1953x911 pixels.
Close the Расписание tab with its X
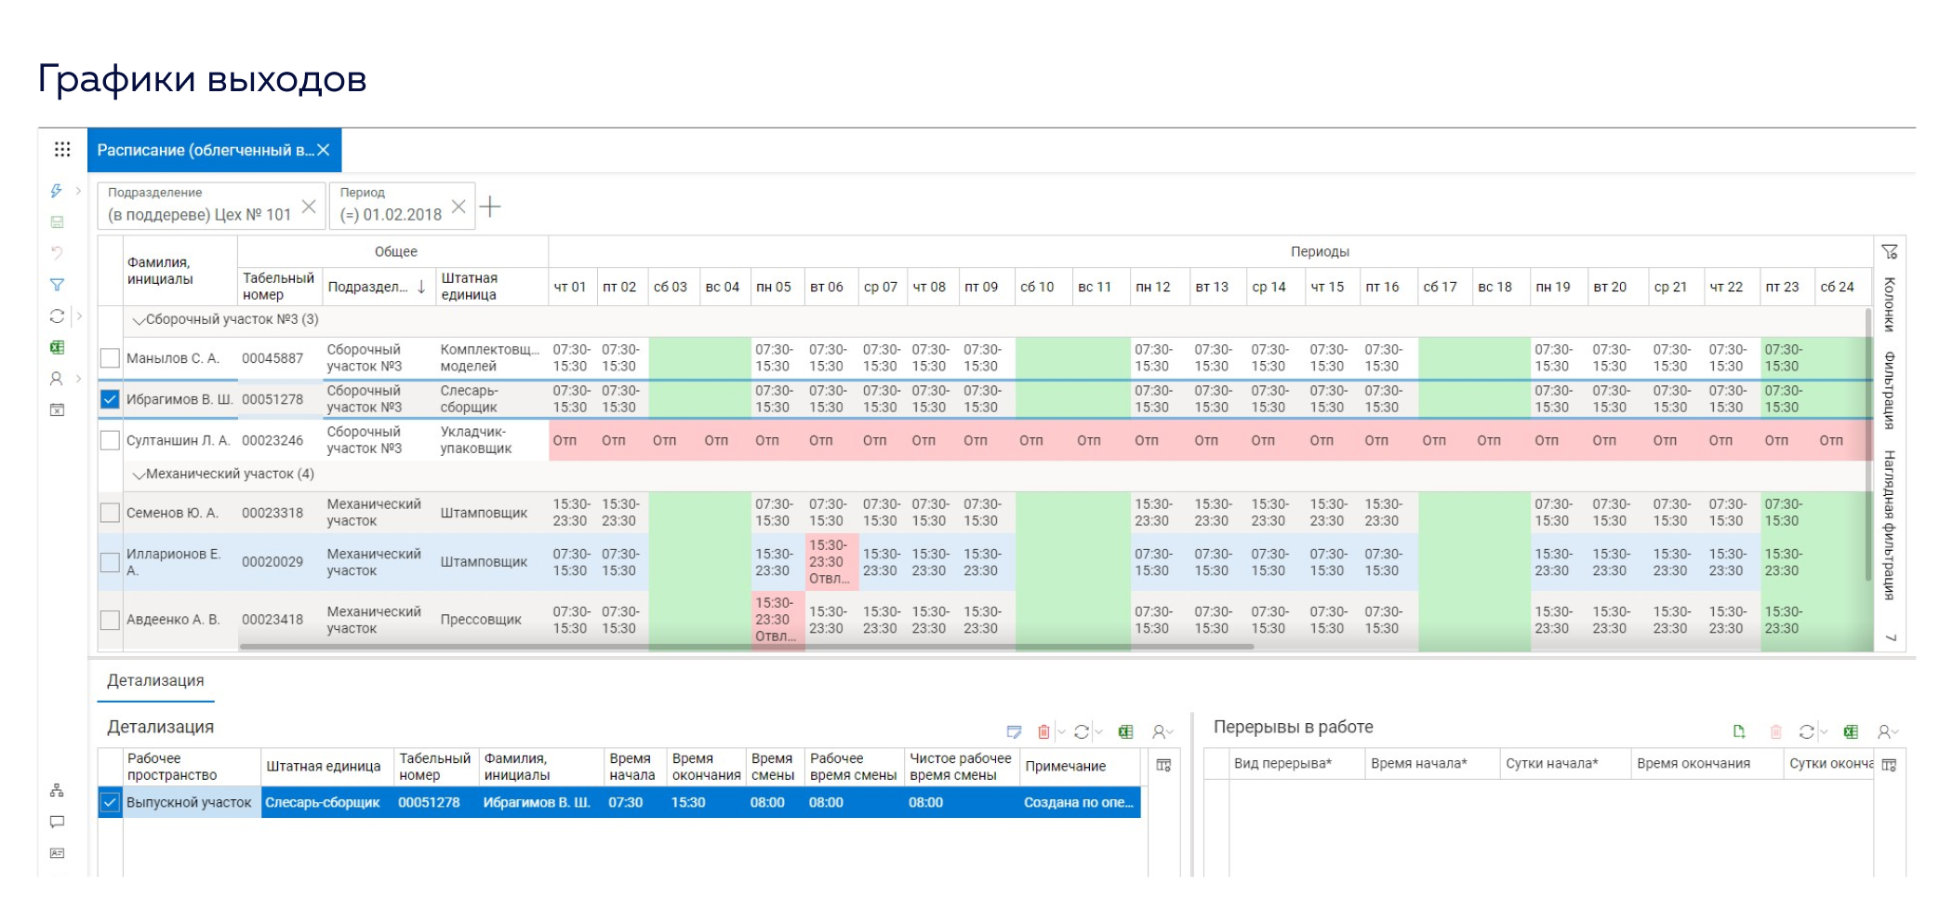click(x=324, y=150)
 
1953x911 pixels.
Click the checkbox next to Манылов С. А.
click(x=110, y=358)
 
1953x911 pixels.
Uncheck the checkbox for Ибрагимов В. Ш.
click(x=110, y=399)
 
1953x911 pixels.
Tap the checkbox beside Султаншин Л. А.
click(x=110, y=440)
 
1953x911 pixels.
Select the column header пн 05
click(x=774, y=287)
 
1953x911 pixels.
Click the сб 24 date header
click(x=1837, y=287)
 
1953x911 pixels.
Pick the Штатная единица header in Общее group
click(x=470, y=287)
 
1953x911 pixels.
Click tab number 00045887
click(x=272, y=358)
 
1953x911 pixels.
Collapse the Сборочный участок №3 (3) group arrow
click(x=139, y=320)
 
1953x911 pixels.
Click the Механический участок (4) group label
click(x=230, y=474)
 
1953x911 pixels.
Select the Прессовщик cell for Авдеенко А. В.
click(x=481, y=620)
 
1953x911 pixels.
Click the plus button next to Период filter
click(x=490, y=207)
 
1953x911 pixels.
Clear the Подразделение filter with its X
click(x=309, y=207)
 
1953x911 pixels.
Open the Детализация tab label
click(x=155, y=680)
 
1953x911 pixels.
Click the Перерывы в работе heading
click(x=1293, y=727)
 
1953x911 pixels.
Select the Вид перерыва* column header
click(x=1282, y=764)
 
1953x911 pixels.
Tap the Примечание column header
click(x=1066, y=766)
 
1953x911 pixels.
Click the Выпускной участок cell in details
click(x=189, y=802)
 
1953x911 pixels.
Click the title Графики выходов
click(x=203, y=79)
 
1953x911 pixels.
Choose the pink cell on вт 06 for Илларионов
click(x=828, y=562)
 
